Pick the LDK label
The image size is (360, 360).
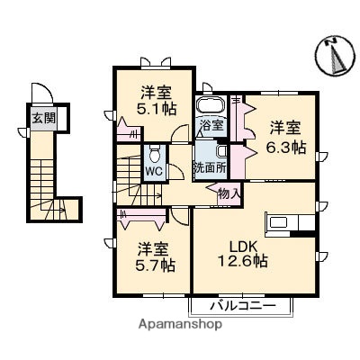click(x=247, y=244)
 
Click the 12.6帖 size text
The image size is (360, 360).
click(x=247, y=262)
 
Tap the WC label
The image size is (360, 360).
click(x=154, y=169)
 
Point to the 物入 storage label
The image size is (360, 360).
click(x=229, y=192)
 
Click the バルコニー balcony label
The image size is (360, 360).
click(x=240, y=304)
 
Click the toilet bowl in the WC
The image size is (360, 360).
click(x=154, y=152)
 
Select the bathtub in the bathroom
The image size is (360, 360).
click(x=211, y=107)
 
